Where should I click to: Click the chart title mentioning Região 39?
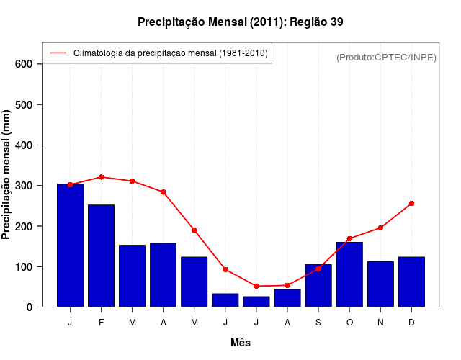240,22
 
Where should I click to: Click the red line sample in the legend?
58,53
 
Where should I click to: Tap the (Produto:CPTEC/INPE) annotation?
386,57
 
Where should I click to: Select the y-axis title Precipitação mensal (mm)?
7,175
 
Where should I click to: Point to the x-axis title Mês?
240,343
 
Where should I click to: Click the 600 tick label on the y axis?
24,64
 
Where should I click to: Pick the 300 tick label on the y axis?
24,186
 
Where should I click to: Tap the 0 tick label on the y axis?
30,307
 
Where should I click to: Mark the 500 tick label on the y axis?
24,105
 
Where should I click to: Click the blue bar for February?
101,256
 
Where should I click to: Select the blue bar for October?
349,274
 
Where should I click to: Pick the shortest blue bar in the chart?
256,302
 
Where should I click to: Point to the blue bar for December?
411,282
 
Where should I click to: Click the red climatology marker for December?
411,204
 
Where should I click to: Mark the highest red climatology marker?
101,177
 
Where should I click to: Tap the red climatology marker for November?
380,228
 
